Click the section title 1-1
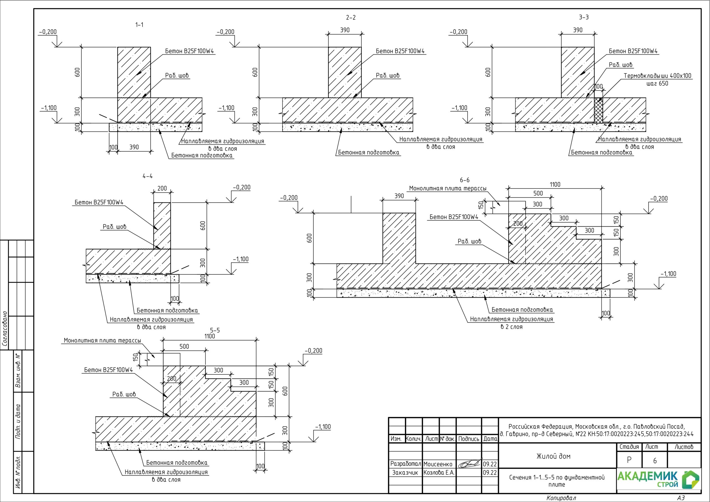point(140,25)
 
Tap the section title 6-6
point(465,180)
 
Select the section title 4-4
point(148,176)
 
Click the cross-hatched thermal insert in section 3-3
point(598,111)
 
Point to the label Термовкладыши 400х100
point(657,76)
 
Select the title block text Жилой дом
point(553,456)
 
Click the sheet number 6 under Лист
point(655,461)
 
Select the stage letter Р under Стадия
point(629,460)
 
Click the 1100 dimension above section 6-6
point(555,184)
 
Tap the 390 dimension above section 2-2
point(345,30)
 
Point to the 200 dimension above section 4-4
point(162,188)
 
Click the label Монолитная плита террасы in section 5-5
point(102,341)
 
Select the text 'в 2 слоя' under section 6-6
point(511,327)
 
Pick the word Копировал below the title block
point(561,498)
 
